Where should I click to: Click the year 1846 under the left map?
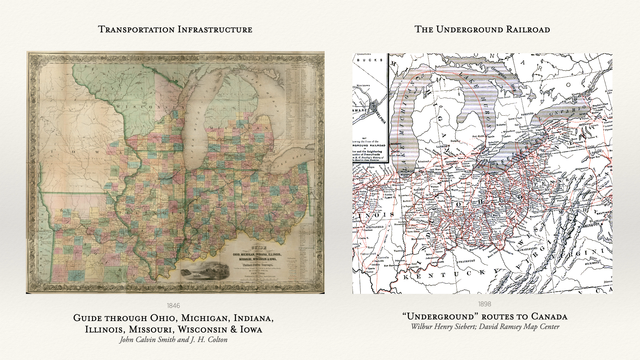173,306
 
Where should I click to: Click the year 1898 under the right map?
485,304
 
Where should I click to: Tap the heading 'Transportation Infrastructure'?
175,29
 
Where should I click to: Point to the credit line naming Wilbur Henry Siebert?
485,327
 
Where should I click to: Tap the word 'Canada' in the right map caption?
549,316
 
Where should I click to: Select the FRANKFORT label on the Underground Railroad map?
467,261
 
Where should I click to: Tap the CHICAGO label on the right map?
405,171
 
